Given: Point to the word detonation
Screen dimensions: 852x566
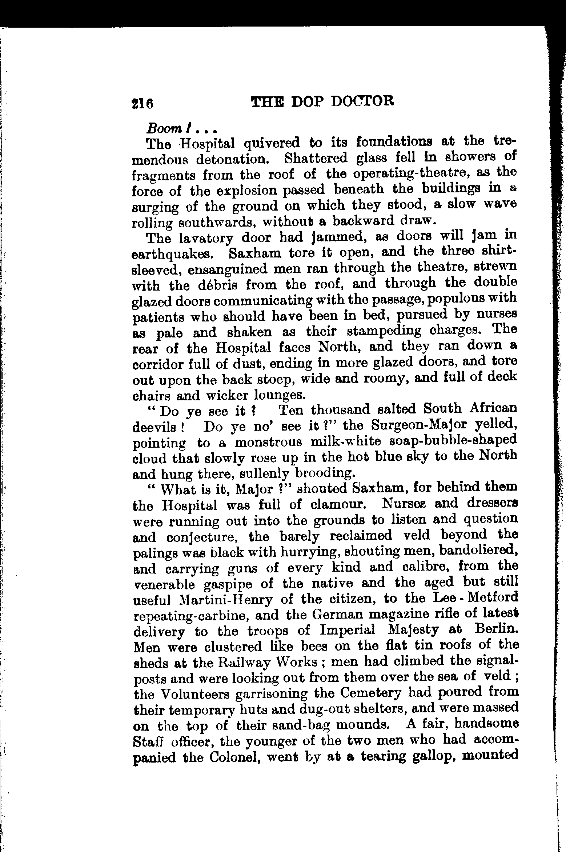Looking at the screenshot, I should point(236,159).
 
